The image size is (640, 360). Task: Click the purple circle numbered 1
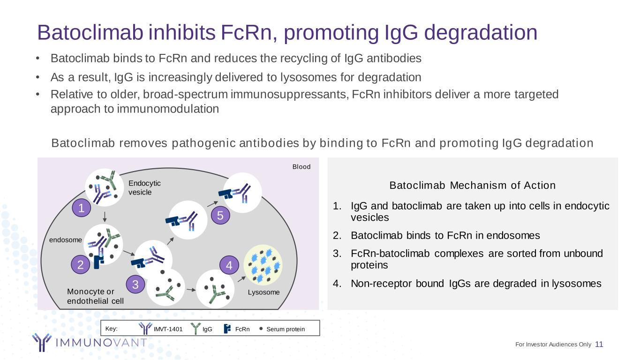pyautogui.click(x=81, y=209)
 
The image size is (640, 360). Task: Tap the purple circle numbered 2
pyautogui.click(x=81, y=265)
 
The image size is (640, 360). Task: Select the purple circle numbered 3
pyautogui.click(x=135, y=285)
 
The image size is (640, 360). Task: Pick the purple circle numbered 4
pyautogui.click(x=229, y=266)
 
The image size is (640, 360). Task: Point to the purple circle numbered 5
pyautogui.click(x=220, y=216)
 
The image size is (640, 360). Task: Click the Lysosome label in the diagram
pyautogui.click(x=264, y=292)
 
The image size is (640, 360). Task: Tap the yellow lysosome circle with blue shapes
pyautogui.click(x=263, y=265)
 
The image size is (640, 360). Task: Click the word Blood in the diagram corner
pyautogui.click(x=301, y=166)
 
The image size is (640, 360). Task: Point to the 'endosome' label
pyautogui.click(x=66, y=240)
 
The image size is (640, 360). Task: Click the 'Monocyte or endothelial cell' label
pyautogui.click(x=95, y=296)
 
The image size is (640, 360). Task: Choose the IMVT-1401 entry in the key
pyautogui.click(x=168, y=329)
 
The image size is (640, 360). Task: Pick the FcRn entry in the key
pyautogui.click(x=242, y=329)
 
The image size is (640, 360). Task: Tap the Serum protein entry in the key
pyautogui.click(x=285, y=329)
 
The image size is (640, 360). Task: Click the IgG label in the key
pyautogui.click(x=207, y=329)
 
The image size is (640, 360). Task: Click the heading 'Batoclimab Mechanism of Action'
pyautogui.click(x=472, y=185)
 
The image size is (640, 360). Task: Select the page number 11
pyautogui.click(x=599, y=345)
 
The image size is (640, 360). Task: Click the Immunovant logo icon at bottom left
pyautogui.click(x=41, y=342)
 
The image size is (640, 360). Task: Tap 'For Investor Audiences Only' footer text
pyautogui.click(x=553, y=345)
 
